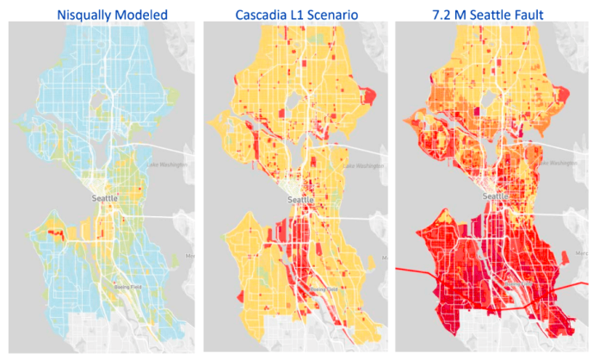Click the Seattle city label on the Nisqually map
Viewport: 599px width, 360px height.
(105, 198)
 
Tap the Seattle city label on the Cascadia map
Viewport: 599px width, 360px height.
(300, 200)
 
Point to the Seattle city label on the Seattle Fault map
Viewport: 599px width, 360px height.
(497, 196)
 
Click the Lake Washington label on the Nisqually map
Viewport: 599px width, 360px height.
(167, 164)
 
